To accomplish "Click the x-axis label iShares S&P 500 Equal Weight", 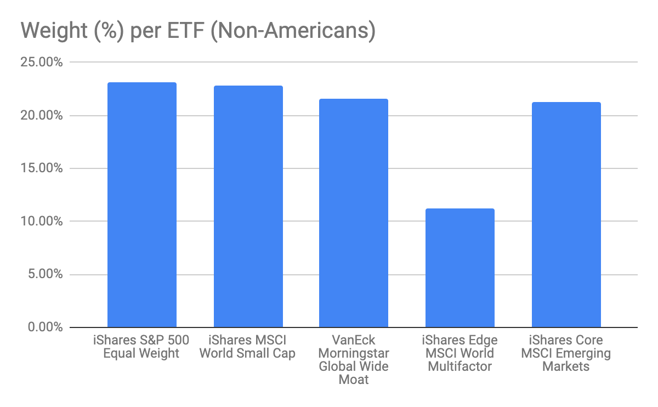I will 141,347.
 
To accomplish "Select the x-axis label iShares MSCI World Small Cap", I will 247,347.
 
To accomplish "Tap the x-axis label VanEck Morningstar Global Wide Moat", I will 354,359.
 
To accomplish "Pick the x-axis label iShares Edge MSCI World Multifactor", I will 460,353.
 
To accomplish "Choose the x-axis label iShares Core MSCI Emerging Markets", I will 566,353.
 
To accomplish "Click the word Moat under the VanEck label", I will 354,379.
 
